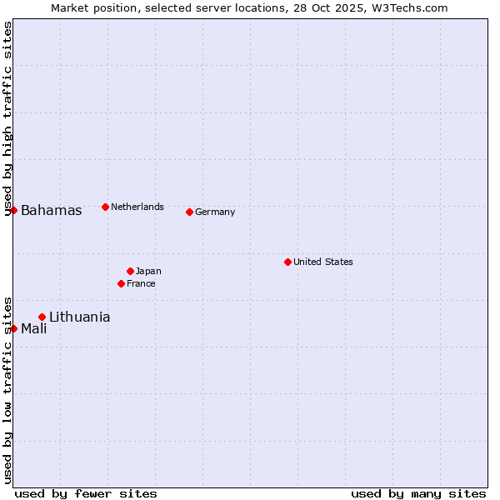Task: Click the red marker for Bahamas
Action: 14,210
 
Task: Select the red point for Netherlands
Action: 105,207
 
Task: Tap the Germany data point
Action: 189,212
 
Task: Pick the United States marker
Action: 287,262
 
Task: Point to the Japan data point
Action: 130,271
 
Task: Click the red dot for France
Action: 122,283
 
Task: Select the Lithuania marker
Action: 42,317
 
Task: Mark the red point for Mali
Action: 14,328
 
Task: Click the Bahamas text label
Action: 51,211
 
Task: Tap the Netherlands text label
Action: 137,207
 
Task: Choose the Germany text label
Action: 215,212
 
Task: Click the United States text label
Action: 322,262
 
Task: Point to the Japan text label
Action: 148,271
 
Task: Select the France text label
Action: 141,283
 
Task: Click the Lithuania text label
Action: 79,317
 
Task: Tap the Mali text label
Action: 33,328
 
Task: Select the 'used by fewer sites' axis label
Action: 86,493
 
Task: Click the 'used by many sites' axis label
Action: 418,493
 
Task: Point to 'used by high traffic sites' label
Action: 7,118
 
